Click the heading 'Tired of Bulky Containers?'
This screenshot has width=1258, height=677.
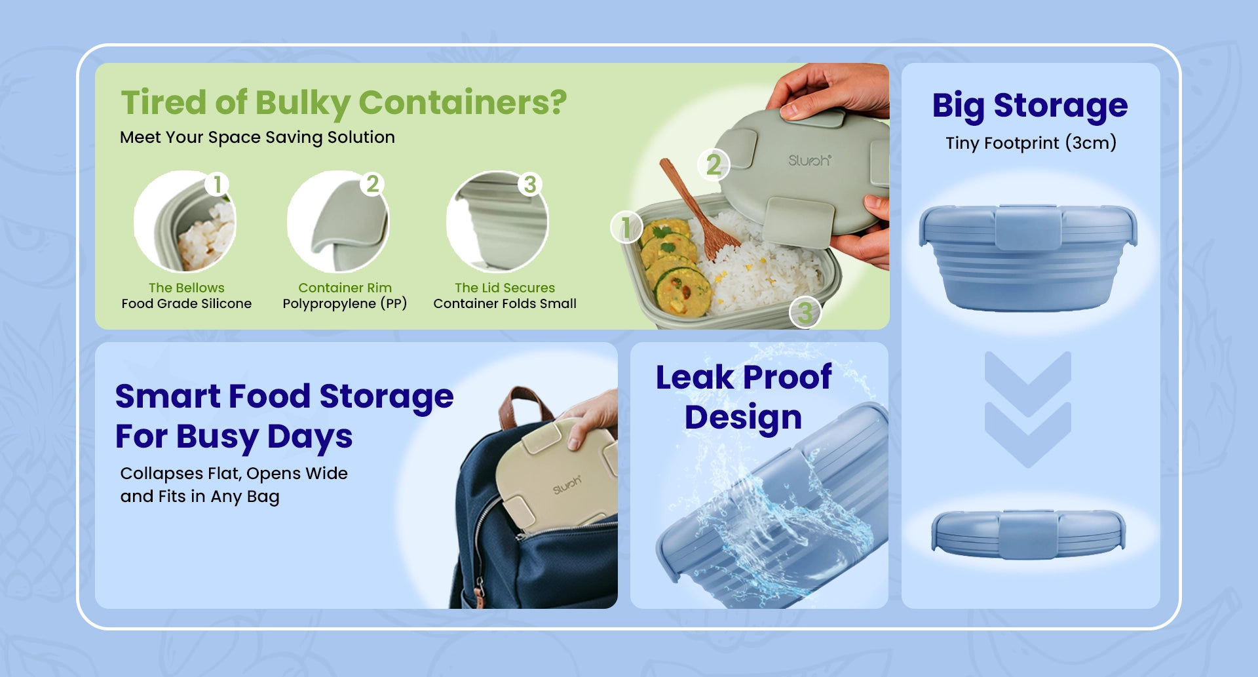(x=344, y=104)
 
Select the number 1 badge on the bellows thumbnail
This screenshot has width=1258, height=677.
(x=217, y=184)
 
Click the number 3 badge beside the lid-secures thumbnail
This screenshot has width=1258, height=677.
(x=530, y=184)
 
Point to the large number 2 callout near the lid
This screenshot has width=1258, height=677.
(x=714, y=164)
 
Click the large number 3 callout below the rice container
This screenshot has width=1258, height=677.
(x=805, y=313)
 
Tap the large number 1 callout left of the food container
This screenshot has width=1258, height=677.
(x=626, y=227)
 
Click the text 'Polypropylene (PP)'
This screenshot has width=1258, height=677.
(x=345, y=303)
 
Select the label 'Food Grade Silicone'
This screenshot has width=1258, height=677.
(x=187, y=303)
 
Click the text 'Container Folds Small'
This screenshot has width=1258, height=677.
(x=505, y=303)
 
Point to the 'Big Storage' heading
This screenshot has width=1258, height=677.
(x=1030, y=106)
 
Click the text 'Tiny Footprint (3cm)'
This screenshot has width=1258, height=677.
(x=1031, y=143)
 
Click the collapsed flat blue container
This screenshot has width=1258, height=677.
(x=1029, y=534)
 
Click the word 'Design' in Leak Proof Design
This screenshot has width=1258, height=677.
(x=744, y=418)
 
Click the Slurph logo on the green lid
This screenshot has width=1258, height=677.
(x=810, y=161)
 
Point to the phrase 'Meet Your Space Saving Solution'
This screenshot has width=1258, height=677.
(x=257, y=138)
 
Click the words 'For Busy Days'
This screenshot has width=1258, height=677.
(x=234, y=437)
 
